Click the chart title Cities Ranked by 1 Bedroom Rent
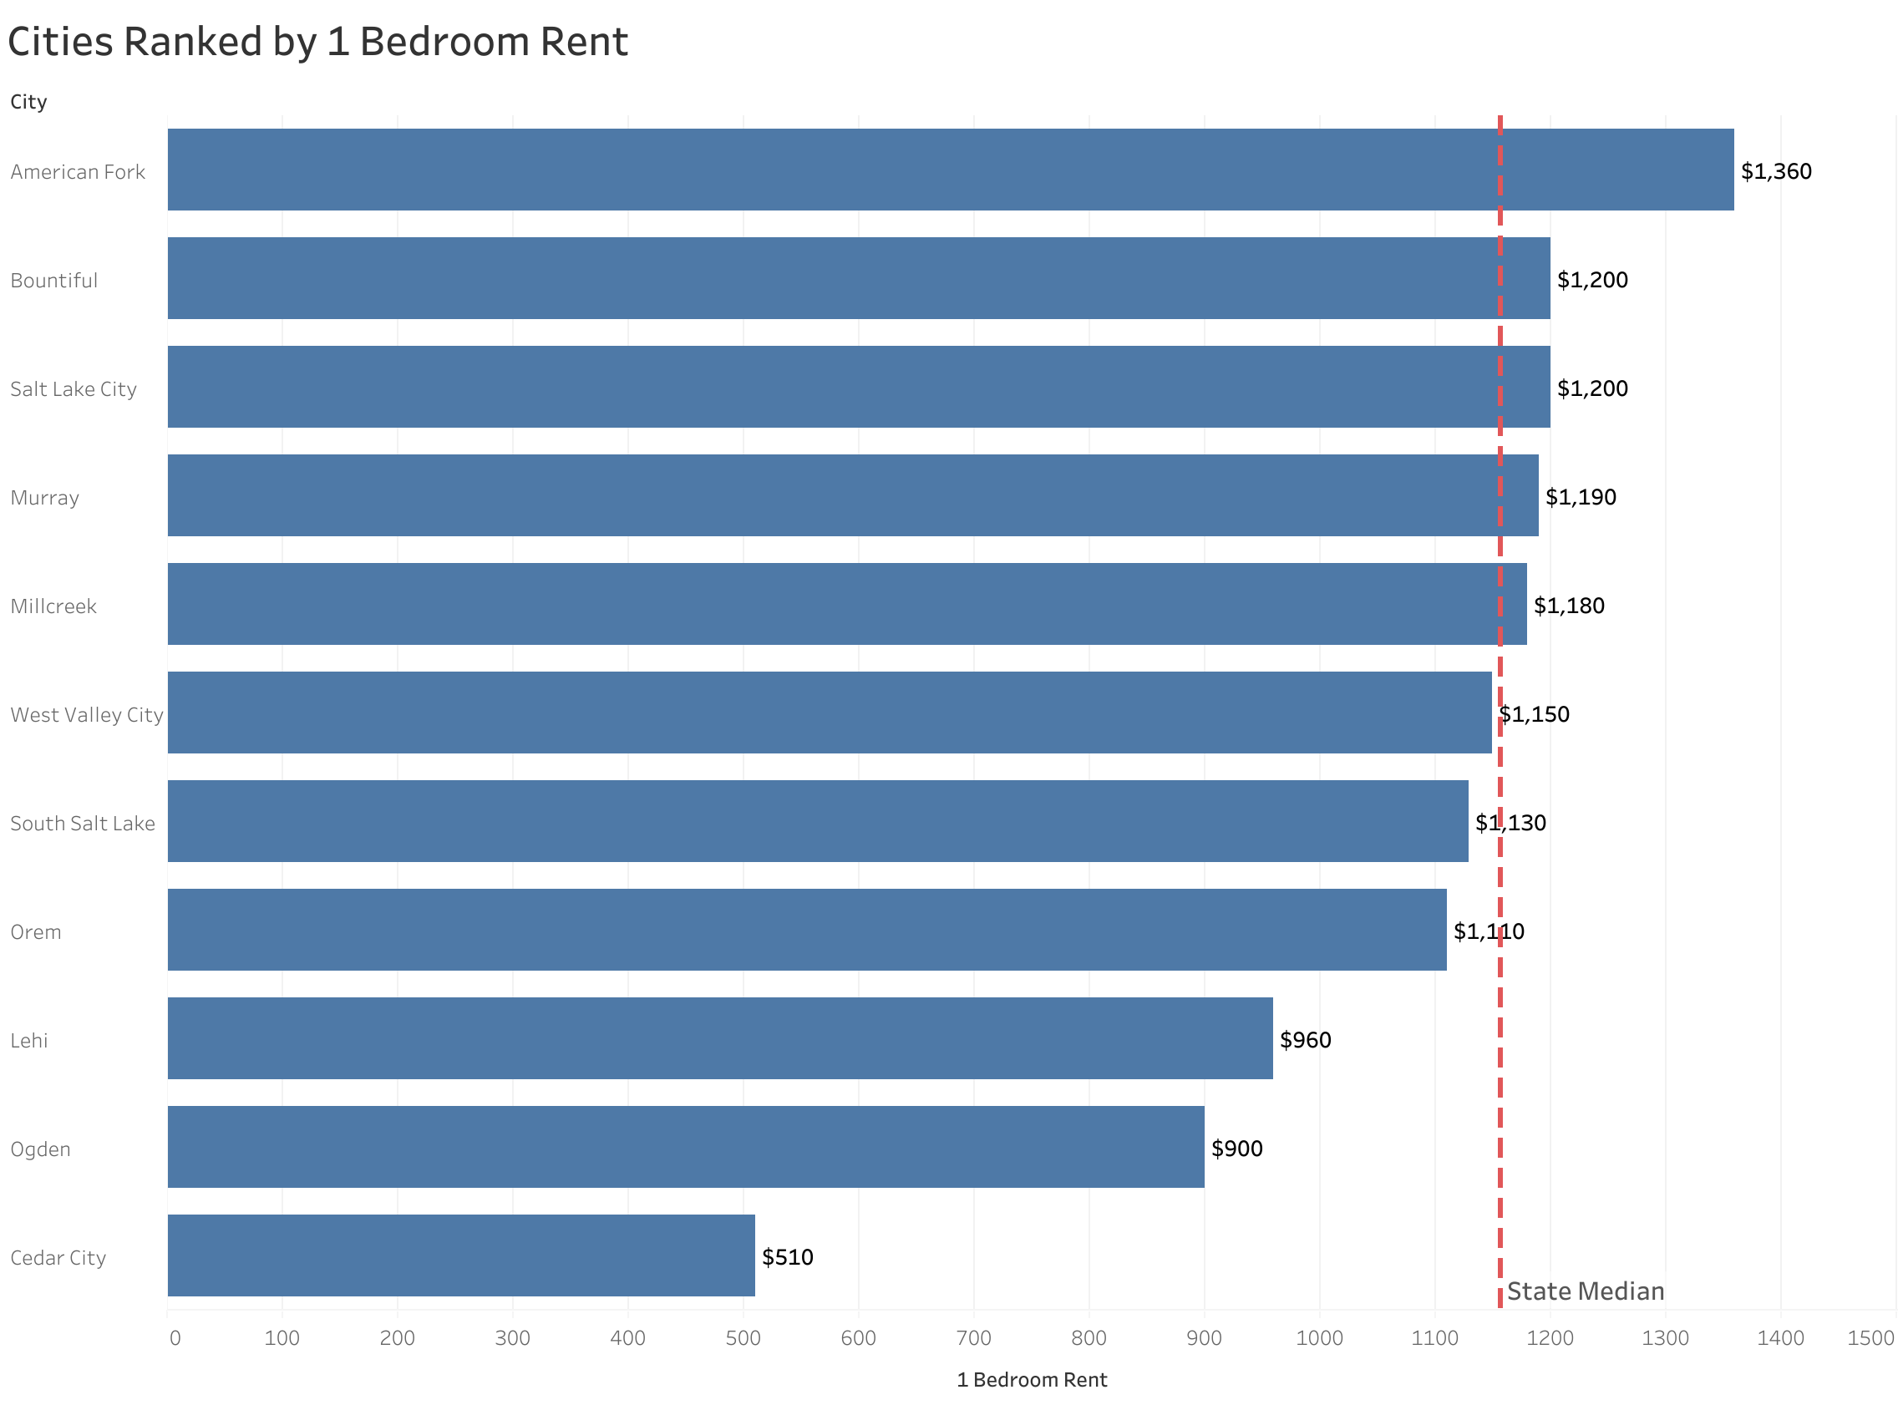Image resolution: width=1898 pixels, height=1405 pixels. point(317,43)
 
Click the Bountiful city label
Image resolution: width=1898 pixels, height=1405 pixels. point(53,280)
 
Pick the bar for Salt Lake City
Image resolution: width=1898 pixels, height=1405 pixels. point(857,386)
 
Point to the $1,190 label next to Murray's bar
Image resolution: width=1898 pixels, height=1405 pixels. point(1579,497)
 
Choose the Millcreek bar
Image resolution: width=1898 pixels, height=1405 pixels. point(846,603)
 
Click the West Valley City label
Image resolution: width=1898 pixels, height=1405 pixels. point(86,714)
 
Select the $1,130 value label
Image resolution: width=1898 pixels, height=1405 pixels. point(1510,823)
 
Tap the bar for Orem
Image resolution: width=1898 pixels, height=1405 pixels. point(805,929)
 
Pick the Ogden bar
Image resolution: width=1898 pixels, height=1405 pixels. point(684,1145)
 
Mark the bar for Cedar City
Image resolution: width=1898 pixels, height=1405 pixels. point(460,1255)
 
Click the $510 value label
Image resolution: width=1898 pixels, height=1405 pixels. point(787,1256)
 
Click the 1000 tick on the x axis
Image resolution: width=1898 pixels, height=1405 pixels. point(1318,1337)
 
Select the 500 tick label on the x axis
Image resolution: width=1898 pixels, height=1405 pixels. point(743,1337)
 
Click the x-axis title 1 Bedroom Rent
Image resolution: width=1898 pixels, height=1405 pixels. point(1031,1378)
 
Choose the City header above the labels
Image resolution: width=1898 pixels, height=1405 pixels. point(28,101)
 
